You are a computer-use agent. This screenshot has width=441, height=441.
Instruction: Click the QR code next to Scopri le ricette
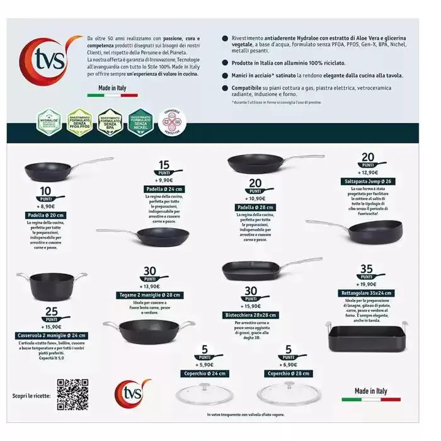(72, 394)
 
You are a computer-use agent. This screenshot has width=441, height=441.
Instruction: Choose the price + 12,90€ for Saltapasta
(368, 172)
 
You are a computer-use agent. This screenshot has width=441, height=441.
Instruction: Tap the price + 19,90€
(368, 283)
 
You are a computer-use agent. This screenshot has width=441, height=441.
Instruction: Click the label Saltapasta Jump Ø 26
(368, 181)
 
